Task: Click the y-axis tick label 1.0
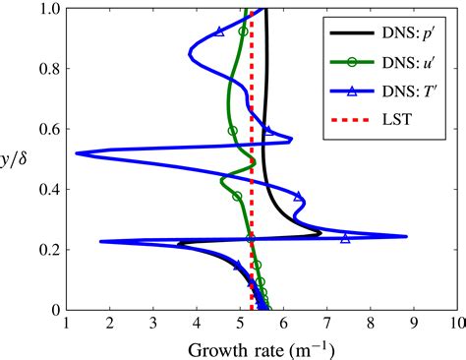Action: pyautogui.click(x=44, y=10)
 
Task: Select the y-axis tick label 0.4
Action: pyautogui.click(x=44, y=190)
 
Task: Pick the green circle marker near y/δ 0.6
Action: pyautogui.click(x=233, y=130)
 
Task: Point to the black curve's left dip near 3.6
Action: pyautogui.click(x=178, y=244)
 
